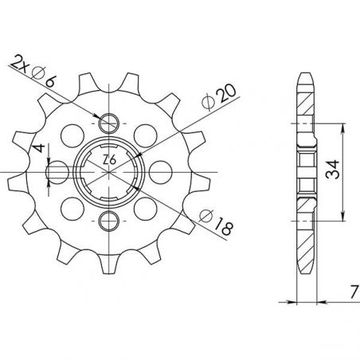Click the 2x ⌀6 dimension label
point(33,66)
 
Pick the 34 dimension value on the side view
point(333,170)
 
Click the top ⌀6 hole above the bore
point(110,121)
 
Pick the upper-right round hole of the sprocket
point(146,135)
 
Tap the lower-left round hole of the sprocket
point(73,207)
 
